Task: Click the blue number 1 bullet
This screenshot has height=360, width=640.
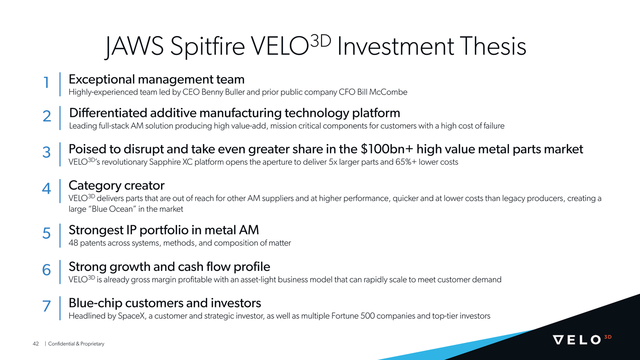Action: pos(46,83)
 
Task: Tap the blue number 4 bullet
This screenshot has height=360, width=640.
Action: pos(46,189)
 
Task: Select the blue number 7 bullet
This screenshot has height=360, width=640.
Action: pos(46,306)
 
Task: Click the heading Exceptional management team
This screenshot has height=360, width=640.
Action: pos(156,79)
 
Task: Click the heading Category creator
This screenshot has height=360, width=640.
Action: pos(116,186)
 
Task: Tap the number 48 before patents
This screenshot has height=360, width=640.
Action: pos(73,243)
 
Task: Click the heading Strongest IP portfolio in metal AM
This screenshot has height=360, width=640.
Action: pos(164,229)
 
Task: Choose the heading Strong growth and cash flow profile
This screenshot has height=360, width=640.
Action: pos(169,267)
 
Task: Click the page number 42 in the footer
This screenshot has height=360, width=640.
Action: pos(36,344)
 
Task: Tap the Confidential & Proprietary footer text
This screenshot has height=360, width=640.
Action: pos(76,344)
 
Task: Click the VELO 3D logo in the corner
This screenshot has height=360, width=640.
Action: pos(582,340)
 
